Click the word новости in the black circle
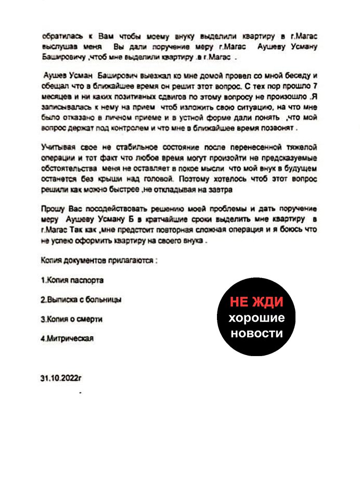click(x=256, y=333)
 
